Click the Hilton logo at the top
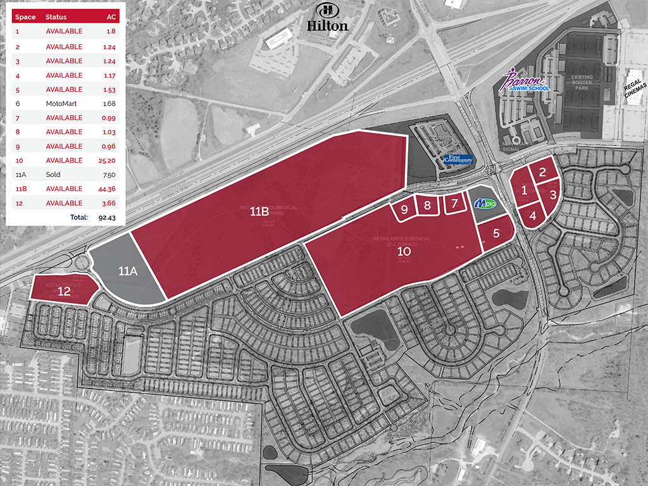[327, 18]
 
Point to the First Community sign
[458, 159]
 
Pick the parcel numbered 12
[64, 291]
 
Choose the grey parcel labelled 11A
[128, 271]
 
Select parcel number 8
[428, 205]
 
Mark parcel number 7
[454, 203]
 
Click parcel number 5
[496, 233]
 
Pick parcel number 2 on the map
[542, 171]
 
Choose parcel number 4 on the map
[533, 215]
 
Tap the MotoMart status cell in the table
[61, 104]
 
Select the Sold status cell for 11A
[53, 175]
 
